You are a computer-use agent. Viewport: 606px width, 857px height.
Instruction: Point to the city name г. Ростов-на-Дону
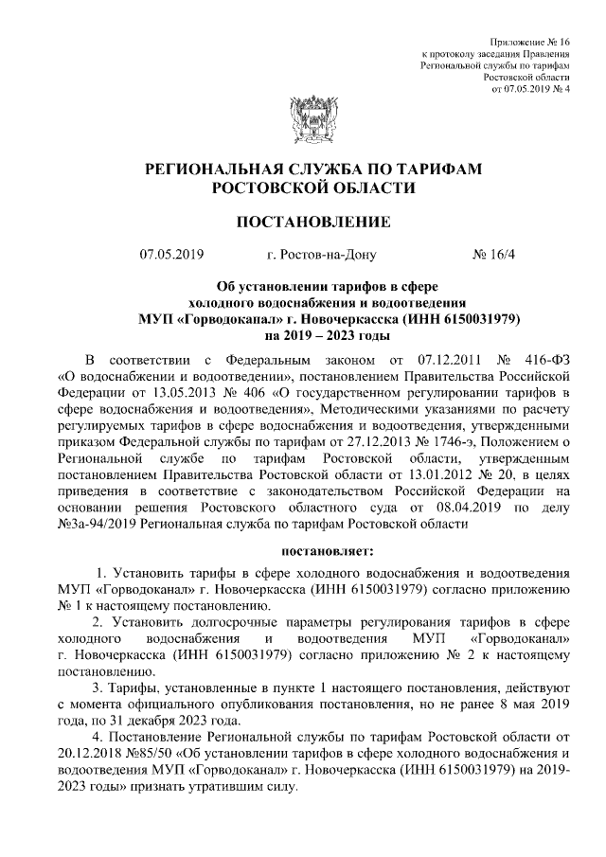pos(322,255)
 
